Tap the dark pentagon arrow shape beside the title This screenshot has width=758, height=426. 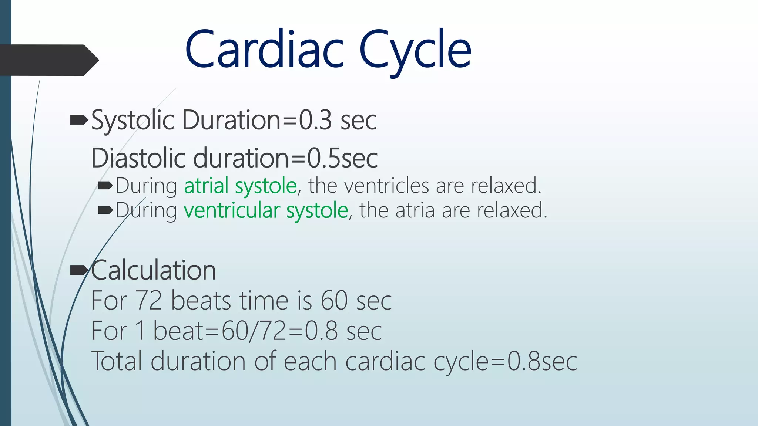click(x=48, y=60)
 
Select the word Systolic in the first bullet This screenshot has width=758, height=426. click(x=133, y=121)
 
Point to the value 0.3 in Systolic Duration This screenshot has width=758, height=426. click(x=315, y=121)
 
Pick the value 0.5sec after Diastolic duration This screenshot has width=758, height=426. click(x=342, y=158)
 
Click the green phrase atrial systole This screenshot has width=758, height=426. click(x=241, y=186)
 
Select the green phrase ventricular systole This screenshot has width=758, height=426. click(x=266, y=210)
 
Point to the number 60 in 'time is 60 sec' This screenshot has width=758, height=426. click(x=334, y=300)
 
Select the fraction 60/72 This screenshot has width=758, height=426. click(x=254, y=331)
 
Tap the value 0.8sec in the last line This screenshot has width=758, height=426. click(x=542, y=361)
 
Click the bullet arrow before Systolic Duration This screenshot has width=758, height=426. click(x=79, y=120)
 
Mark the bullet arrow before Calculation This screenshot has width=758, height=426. click(x=79, y=270)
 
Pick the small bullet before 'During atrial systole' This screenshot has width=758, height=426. click(x=105, y=186)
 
